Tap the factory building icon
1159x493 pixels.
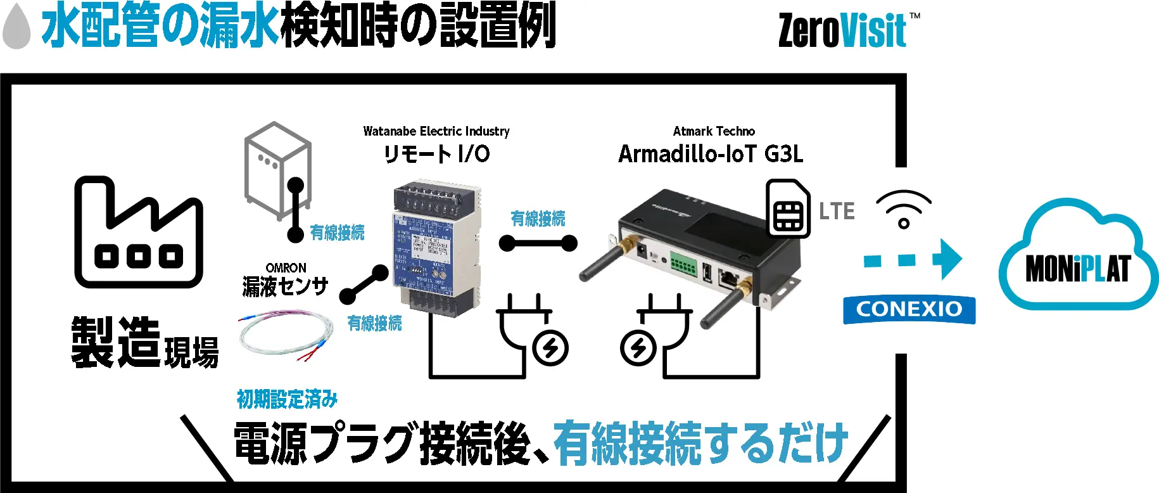(139, 233)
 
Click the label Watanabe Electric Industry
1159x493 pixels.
(436, 131)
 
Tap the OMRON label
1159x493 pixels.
(286, 268)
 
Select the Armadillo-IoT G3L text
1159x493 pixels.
(711, 154)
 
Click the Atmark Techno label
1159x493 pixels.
(714, 131)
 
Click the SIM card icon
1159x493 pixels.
(788, 208)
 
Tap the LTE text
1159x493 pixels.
(837, 211)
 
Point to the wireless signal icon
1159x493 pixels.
(904, 208)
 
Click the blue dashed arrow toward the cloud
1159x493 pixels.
(913, 259)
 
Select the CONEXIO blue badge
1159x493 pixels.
(909, 309)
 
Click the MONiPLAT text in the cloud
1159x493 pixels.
(1077, 269)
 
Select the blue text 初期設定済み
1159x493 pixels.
(287, 399)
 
